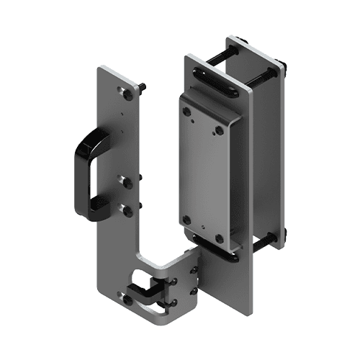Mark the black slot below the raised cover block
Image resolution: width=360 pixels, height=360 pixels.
(x=216, y=246)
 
